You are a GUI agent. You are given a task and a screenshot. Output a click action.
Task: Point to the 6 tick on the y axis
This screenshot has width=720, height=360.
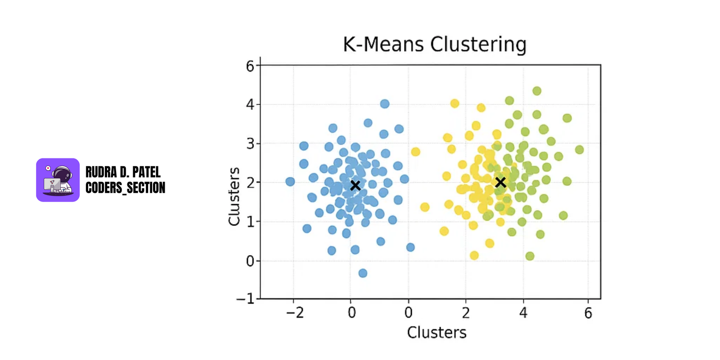250,66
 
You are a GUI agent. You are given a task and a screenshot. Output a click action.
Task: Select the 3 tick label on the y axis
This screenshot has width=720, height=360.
250,144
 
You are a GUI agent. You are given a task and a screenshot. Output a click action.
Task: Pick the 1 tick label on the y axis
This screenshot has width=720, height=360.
250,222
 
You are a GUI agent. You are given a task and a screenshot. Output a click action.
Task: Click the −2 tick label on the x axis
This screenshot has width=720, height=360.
295,313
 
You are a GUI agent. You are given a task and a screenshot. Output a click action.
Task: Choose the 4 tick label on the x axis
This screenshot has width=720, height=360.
523,313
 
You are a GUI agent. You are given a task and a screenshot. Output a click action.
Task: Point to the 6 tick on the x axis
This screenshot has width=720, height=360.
588,313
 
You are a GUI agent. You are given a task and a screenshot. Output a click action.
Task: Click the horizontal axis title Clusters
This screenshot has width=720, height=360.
436,333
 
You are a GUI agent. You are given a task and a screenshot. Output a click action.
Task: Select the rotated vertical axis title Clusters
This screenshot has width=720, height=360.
234,196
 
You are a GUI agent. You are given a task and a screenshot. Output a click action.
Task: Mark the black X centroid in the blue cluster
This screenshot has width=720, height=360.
355,185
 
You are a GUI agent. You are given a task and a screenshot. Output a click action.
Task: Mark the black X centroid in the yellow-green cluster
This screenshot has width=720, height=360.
500,182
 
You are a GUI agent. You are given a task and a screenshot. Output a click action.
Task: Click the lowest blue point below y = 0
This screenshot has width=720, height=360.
363,273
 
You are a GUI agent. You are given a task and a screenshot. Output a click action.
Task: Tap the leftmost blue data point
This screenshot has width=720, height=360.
290,182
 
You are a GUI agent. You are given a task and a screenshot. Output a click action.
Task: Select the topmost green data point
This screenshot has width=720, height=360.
537,91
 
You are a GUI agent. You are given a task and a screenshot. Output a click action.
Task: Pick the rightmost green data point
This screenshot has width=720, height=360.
580,150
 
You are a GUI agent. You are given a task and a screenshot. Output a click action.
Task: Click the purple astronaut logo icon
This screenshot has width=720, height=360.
58,180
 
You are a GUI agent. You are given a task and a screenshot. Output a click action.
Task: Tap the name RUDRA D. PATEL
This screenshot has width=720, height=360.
123,172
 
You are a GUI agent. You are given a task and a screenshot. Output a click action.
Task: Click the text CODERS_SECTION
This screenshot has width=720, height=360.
125,188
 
